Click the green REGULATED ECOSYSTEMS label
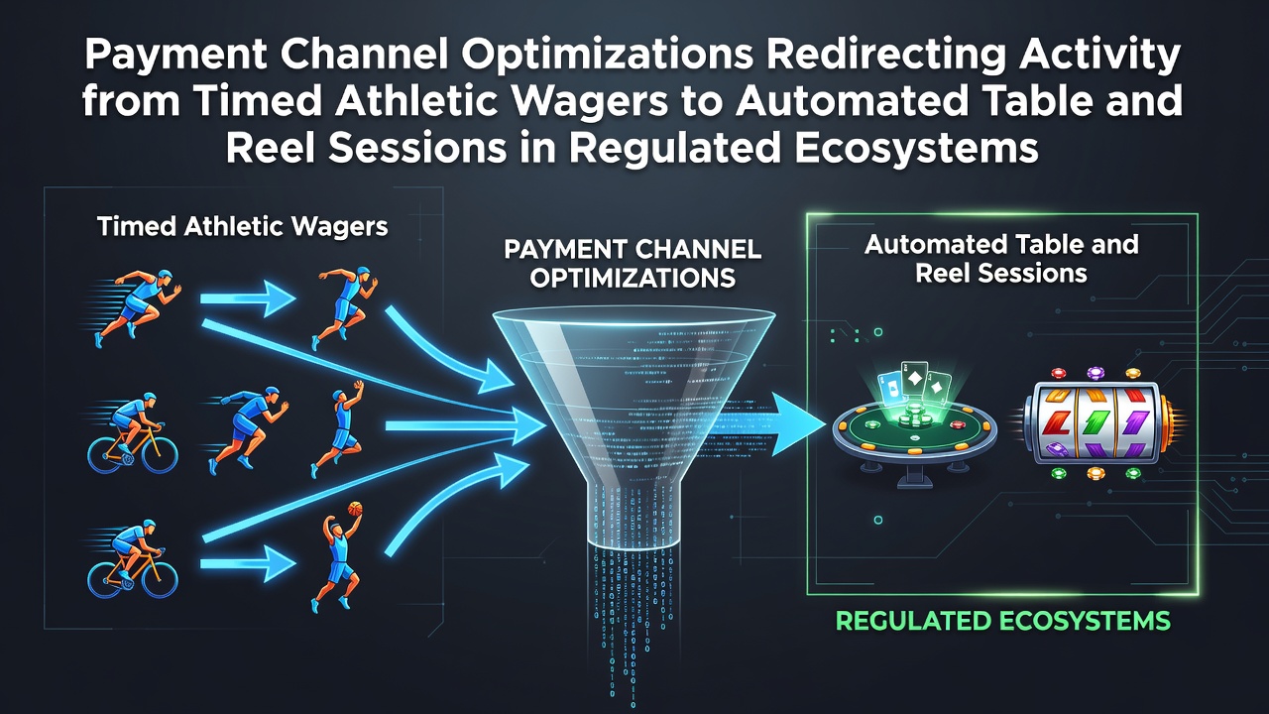[1002, 621]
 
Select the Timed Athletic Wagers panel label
[243, 227]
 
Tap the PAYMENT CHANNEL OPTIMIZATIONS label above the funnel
[633, 264]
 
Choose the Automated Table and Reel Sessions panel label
[1001, 260]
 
